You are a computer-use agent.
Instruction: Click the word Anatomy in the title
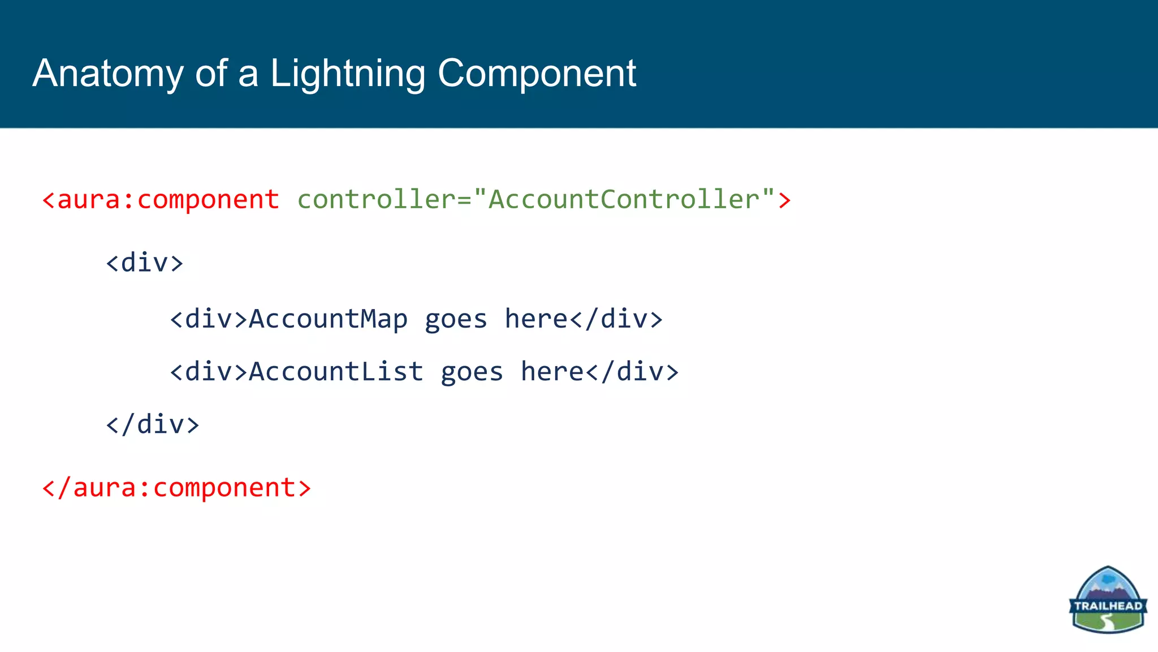click(108, 74)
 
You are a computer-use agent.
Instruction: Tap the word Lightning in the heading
click(347, 74)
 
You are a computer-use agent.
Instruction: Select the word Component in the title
click(537, 74)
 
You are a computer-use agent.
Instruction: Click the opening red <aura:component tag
click(161, 200)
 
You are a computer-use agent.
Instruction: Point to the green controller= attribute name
click(384, 200)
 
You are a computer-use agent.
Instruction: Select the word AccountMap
click(328, 319)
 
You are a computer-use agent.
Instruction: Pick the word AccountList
click(336, 372)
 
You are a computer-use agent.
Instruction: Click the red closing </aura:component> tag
click(176, 488)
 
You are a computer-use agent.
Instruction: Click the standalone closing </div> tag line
click(153, 424)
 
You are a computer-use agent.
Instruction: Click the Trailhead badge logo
click(1108, 599)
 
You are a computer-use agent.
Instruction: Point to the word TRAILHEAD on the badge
click(1108, 606)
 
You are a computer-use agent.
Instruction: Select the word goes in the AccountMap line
click(456, 319)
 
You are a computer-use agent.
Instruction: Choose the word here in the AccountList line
click(552, 372)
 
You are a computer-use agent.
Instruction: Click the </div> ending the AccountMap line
click(616, 319)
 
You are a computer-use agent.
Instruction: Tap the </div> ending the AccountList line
click(632, 372)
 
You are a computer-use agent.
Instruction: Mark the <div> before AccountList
click(209, 372)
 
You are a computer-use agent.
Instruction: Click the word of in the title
click(211, 74)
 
